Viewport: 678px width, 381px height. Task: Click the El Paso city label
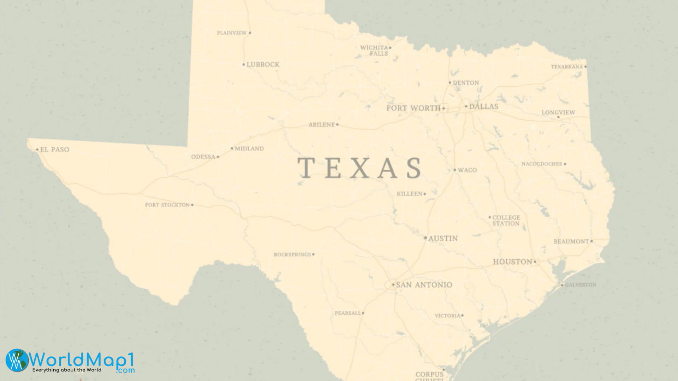pos(54,150)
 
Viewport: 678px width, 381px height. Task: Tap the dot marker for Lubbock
pos(244,65)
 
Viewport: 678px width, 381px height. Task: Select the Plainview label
pos(232,33)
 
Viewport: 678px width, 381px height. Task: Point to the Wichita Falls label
pos(374,50)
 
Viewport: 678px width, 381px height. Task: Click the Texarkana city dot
pos(585,66)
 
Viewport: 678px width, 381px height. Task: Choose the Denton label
pos(466,83)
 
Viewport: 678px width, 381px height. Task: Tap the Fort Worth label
pos(413,108)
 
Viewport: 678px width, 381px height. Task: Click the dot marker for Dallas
pos(466,106)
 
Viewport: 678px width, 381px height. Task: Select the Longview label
pos(558,113)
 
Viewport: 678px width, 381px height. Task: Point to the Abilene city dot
pos(337,125)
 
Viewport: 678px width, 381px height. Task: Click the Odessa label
pos(203,157)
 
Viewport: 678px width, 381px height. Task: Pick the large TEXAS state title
pos(359,168)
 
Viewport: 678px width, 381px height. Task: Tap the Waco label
pos(467,170)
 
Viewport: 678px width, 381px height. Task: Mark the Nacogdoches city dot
pos(565,164)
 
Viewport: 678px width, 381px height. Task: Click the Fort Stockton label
pos(167,205)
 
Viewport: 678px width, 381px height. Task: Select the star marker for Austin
pos(425,238)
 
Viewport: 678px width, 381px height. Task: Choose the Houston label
pos(512,262)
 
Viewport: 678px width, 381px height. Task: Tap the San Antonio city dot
pos(393,284)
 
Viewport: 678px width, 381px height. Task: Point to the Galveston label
pos(581,285)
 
